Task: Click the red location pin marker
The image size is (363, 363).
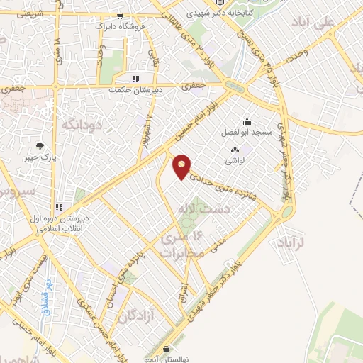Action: tap(182, 167)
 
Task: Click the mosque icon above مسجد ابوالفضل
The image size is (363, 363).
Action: tap(246, 121)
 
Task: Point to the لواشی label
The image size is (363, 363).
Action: tap(235, 161)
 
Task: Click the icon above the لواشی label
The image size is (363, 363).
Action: tap(235, 150)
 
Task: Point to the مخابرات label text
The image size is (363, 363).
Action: tap(181, 252)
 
